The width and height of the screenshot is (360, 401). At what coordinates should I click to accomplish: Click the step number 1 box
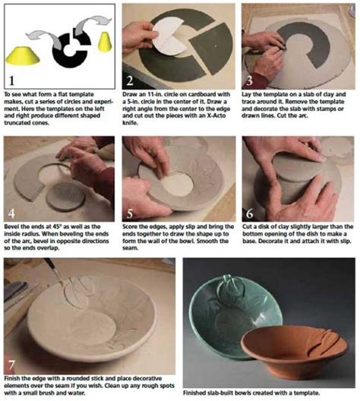pyautogui.click(x=13, y=79)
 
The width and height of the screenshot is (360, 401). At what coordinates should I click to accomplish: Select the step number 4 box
pyautogui.click(x=13, y=212)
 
